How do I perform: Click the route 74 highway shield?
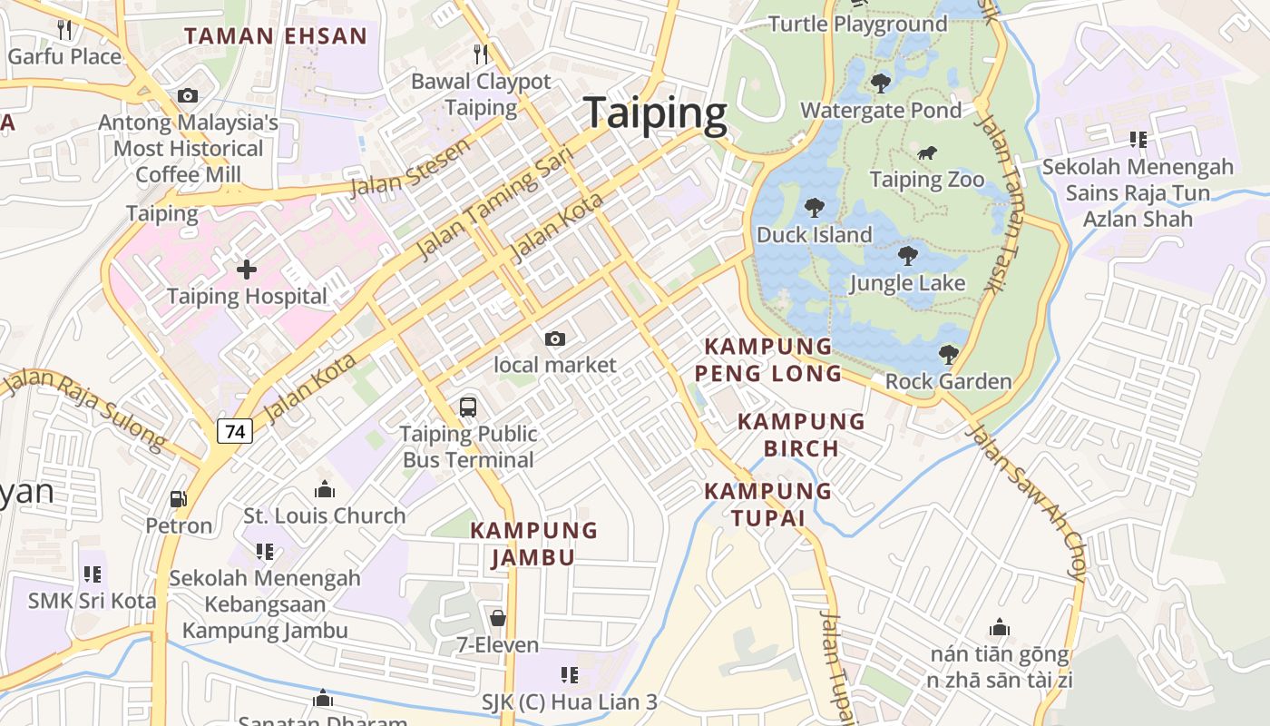235,431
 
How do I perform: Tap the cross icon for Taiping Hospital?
246,270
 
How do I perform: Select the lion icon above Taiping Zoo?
926,153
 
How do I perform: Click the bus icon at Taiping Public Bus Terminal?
468,407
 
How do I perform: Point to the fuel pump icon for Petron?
179,499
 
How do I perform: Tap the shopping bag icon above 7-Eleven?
497,619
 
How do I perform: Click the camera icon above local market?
555,339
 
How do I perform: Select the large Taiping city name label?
655,113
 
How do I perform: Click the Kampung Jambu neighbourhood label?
534,543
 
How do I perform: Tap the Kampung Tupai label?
768,504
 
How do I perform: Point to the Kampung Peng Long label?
768,359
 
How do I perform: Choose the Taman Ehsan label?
276,36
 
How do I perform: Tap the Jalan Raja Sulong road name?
86,409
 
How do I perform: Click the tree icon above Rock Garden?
948,354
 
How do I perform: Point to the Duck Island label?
814,235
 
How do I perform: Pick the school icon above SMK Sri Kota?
92,574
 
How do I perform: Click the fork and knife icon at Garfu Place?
63,29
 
